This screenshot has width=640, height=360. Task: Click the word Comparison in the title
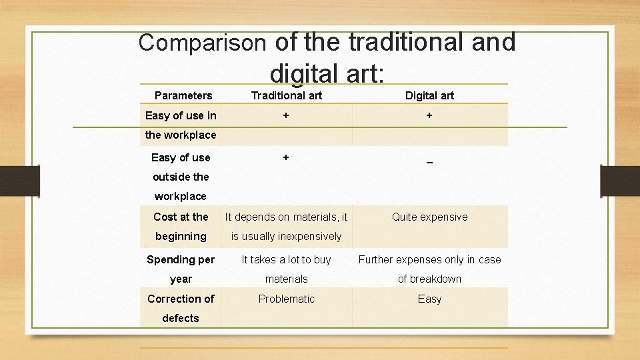pos(202,43)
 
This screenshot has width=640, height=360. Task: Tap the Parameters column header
pos(183,95)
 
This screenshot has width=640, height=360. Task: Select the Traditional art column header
pos(286,95)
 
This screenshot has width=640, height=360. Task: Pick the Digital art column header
pos(429,95)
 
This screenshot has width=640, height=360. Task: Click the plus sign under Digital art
pos(429,115)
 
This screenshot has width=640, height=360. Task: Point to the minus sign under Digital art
pos(429,162)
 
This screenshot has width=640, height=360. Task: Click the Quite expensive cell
pos(429,217)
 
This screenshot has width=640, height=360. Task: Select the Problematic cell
pos(286,299)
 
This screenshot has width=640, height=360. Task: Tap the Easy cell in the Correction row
pos(429,299)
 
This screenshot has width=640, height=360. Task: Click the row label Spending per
pos(181,259)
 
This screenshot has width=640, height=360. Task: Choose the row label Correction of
pos(181,299)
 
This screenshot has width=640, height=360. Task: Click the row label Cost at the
pos(181,217)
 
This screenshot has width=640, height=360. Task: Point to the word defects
pos(181,318)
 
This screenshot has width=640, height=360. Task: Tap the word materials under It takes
pos(286,279)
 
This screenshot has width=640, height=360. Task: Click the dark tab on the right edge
pos(620,181)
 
